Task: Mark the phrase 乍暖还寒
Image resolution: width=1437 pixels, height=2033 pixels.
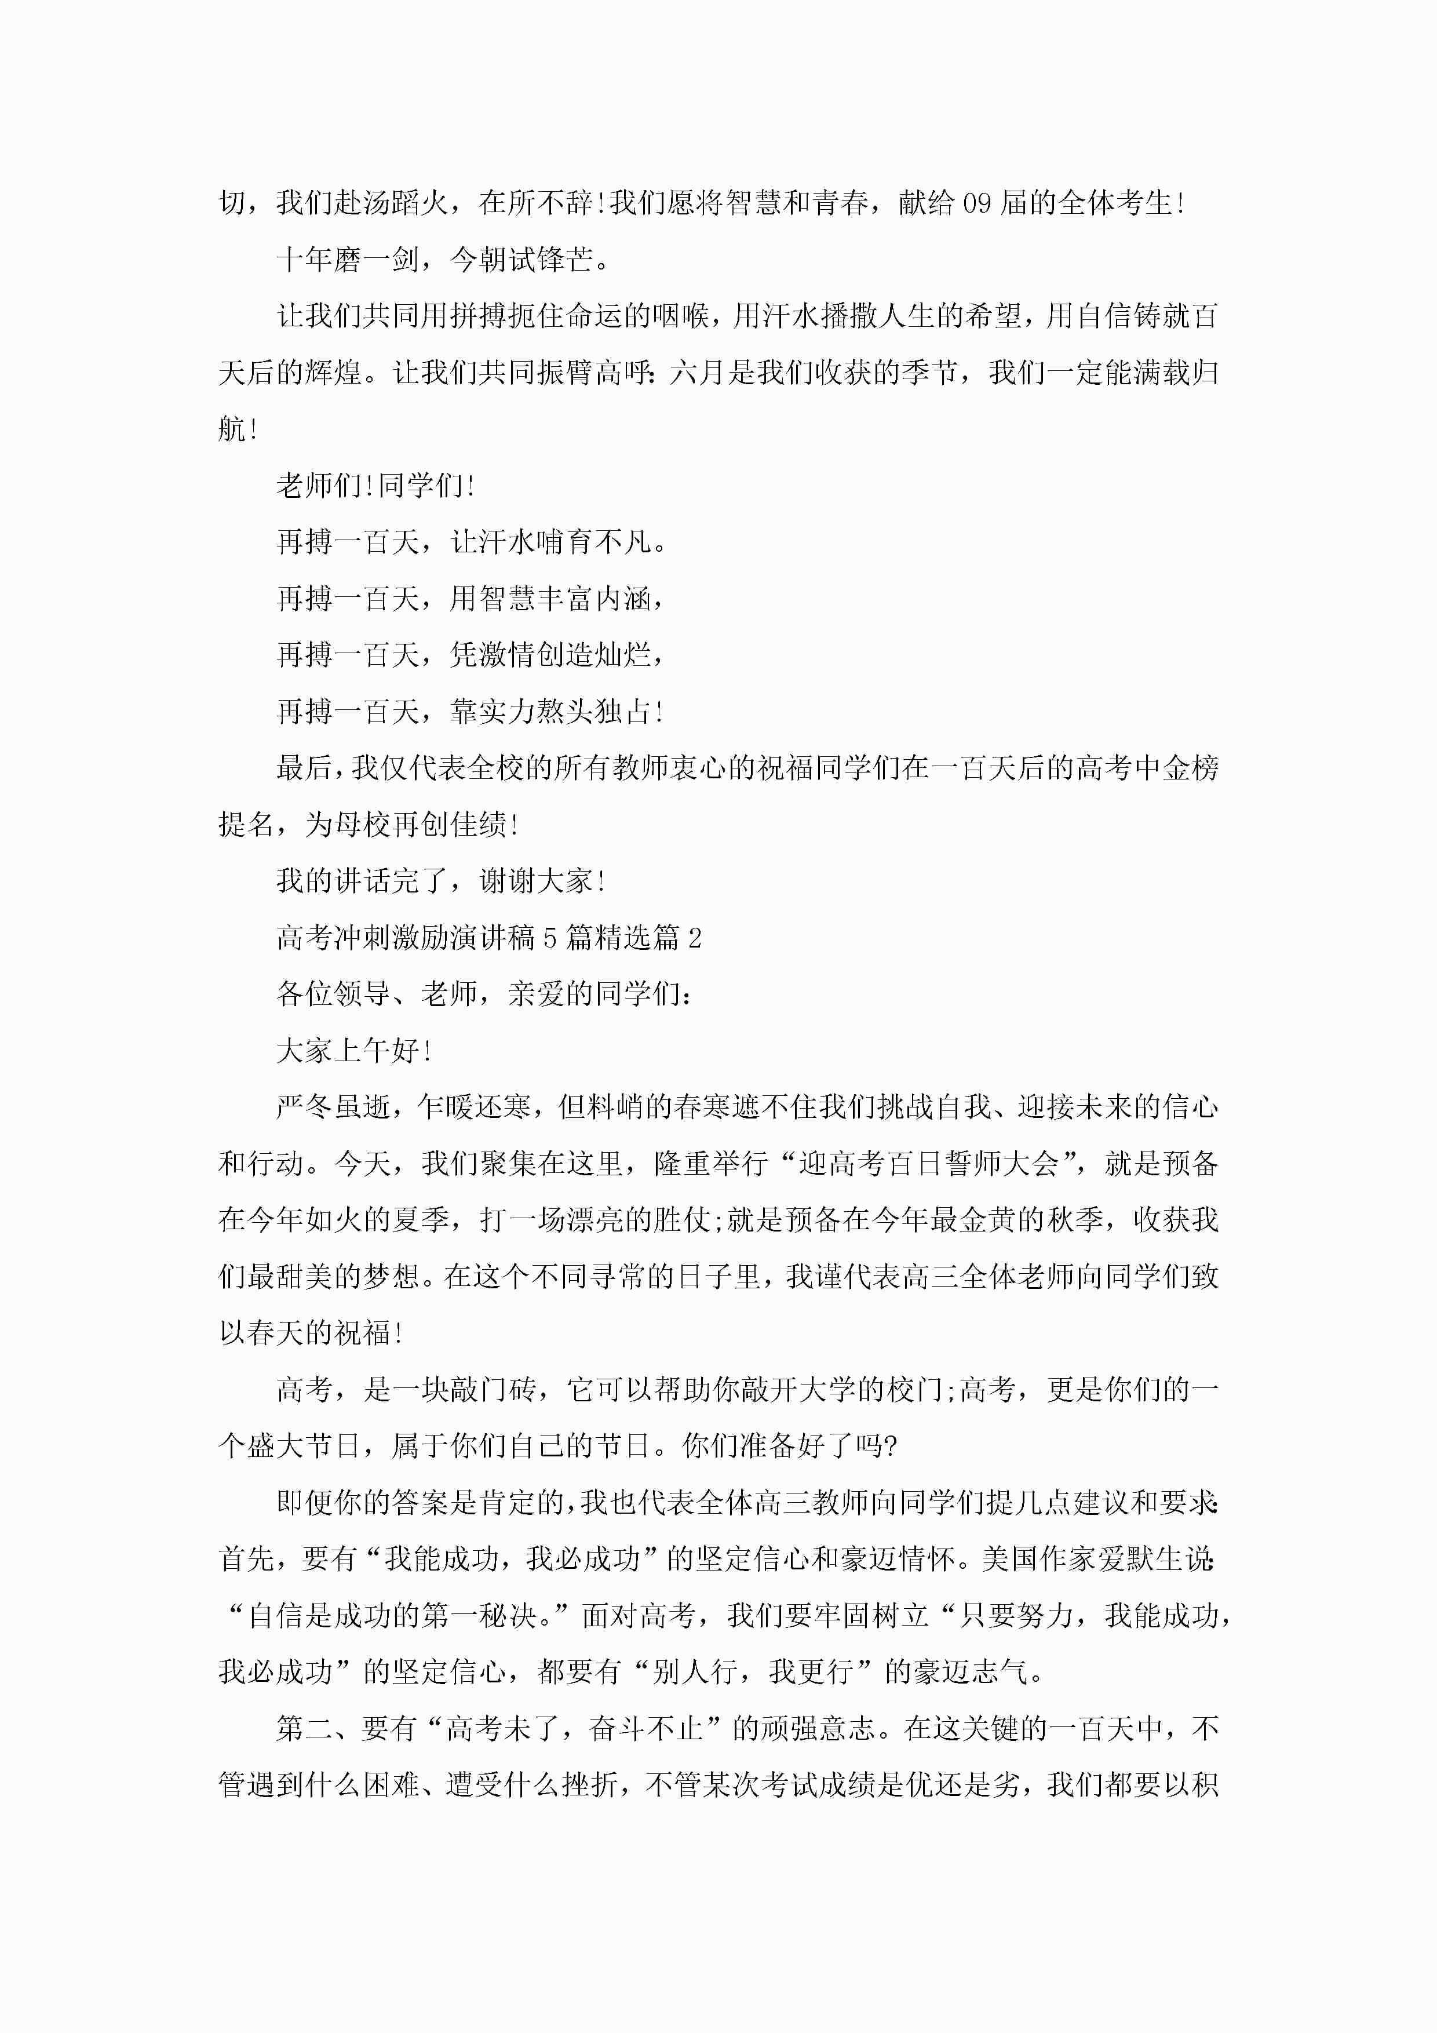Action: tap(476, 1107)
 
